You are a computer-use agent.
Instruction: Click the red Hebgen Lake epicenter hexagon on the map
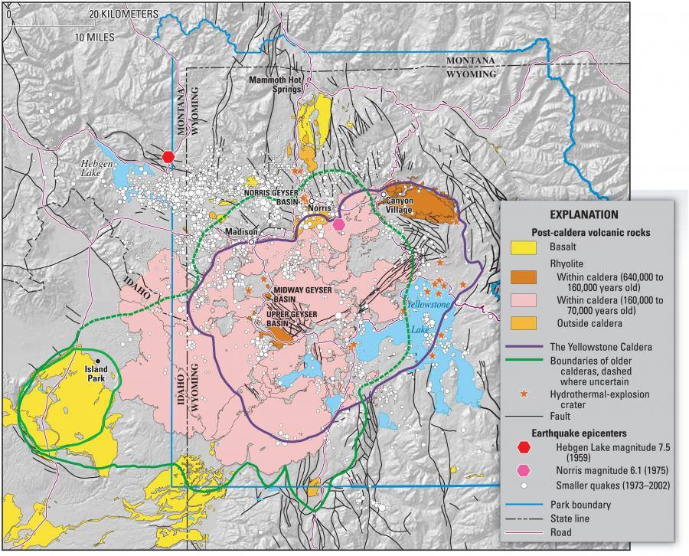[x=169, y=156]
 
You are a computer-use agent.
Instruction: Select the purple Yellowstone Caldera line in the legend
[x=527, y=347]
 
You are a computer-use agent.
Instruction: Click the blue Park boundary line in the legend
[x=527, y=505]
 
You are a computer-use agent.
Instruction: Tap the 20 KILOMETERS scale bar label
[x=123, y=14]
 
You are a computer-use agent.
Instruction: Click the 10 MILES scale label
[x=95, y=36]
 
